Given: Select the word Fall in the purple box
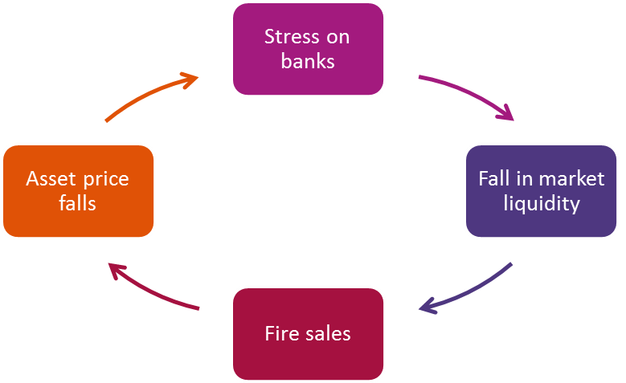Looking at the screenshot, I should coord(494,178).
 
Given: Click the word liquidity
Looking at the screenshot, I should coord(541,203).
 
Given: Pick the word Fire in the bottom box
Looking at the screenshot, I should coord(280,332).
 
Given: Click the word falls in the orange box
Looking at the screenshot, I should coord(77,203).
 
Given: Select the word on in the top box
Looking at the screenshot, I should coord(338,37).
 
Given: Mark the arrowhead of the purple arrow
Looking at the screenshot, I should coord(427,306).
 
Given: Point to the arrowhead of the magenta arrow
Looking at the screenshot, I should coord(505,114).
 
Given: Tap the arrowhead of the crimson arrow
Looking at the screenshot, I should coord(117,270).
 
